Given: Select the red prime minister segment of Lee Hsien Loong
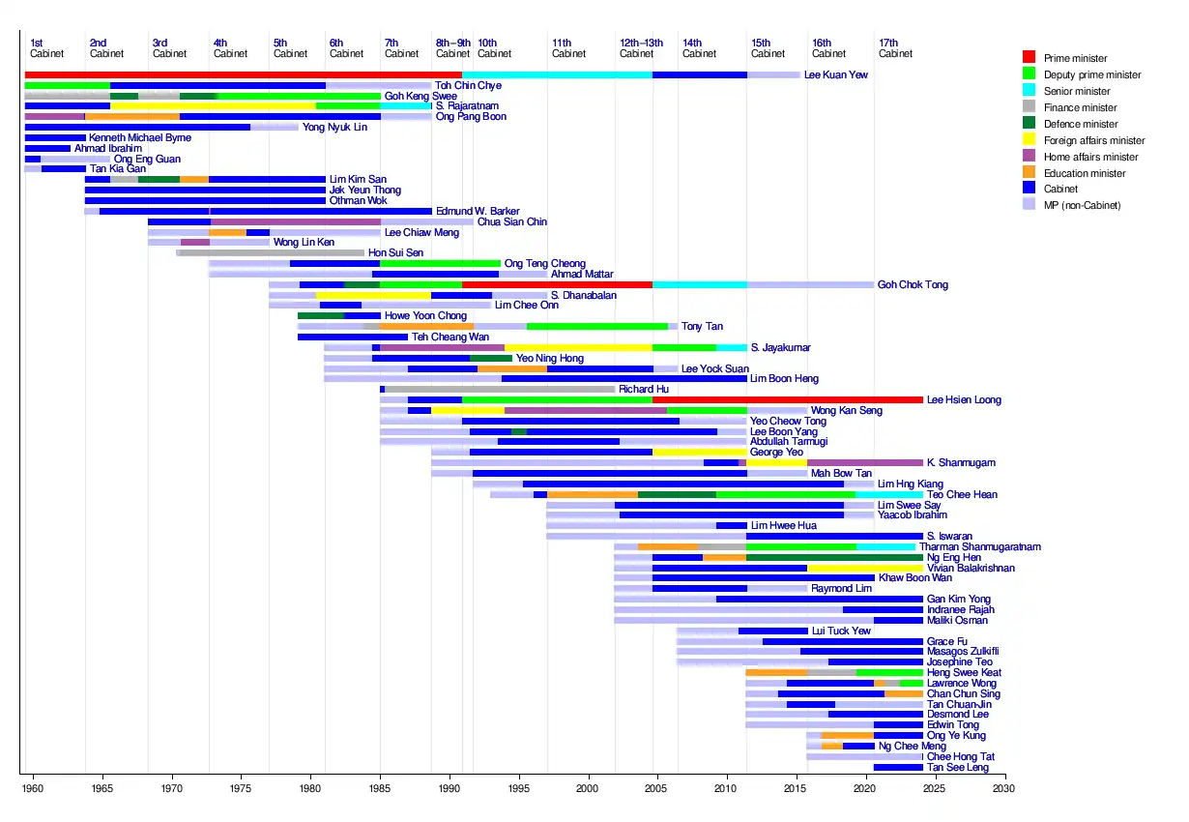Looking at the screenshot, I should [x=787, y=399].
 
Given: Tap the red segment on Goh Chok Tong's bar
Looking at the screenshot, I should [x=556, y=284].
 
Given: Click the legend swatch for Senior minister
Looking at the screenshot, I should [x=1029, y=91].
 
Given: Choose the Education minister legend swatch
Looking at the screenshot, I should [x=1029, y=173].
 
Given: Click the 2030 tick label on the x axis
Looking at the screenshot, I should [x=1004, y=789].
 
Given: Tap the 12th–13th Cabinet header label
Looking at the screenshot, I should [x=641, y=48].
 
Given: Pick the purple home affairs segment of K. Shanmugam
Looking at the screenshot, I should [x=864, y=462].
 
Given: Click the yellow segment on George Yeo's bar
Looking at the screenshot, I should [x=700, y=452].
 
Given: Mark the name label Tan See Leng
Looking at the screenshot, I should [x=957, y=767].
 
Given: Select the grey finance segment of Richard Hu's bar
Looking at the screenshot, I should [x=500, y=389].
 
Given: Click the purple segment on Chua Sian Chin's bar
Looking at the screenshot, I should [x=295, y=221].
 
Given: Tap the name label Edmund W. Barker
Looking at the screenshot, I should [x=478, y=211].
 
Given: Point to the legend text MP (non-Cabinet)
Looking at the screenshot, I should [x=1082, y=206].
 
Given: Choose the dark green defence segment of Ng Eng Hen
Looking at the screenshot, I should [x=833, y=557].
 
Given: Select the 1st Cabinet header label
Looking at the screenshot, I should [x=43, y=48].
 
